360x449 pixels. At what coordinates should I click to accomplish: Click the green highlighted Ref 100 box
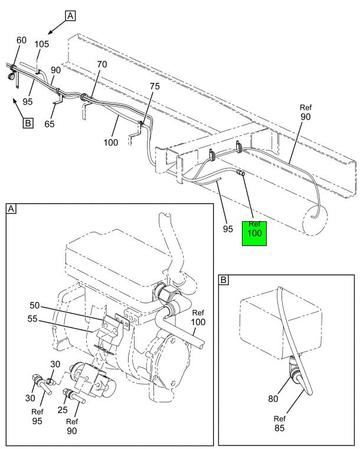click(254, 234)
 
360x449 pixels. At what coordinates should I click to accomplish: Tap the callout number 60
click(21, 40)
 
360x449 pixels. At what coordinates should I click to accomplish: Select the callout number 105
click(42, 44)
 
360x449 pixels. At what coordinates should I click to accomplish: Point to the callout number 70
click(102, 64)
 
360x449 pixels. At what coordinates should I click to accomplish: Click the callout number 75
click(155, 86)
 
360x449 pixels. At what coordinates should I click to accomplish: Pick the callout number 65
click(49, 124)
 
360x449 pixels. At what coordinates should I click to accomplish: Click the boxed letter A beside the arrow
click(70, 16)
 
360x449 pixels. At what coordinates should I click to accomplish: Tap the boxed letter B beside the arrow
click(28, 123)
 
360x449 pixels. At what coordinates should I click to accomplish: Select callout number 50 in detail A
click(35, 305)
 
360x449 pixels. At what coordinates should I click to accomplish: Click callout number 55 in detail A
click(32, 319)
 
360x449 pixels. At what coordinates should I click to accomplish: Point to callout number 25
click(63, 410)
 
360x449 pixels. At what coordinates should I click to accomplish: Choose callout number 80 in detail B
click(273, 399)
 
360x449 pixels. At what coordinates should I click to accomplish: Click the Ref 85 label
click(280, 424)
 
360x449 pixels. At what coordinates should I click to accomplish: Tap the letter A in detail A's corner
click(11, 209)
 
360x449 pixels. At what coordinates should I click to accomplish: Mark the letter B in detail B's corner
click(224, 280)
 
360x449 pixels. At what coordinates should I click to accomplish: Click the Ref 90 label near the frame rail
click(306, 112)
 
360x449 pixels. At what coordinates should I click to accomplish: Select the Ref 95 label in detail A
click(37, 417)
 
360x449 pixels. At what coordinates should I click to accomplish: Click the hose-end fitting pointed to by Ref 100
click(240, 173)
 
